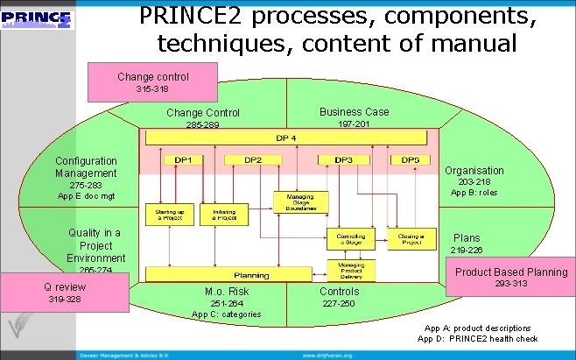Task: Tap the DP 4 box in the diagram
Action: coord(285,138)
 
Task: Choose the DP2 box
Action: coord(252,160)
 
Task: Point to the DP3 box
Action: coord(343,160)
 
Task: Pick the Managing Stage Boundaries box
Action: coord(299,202)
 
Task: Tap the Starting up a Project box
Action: coord(170,215)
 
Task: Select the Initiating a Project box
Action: coord(223,215)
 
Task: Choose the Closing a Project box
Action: coord(407,237)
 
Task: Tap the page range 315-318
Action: coord(152,89)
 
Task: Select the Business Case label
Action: coord(354,112)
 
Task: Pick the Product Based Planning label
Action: coord(510,272)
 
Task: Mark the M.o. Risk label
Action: coord(226,292)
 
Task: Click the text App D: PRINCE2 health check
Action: coord(477,339)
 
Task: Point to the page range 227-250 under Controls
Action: coord(339,303)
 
